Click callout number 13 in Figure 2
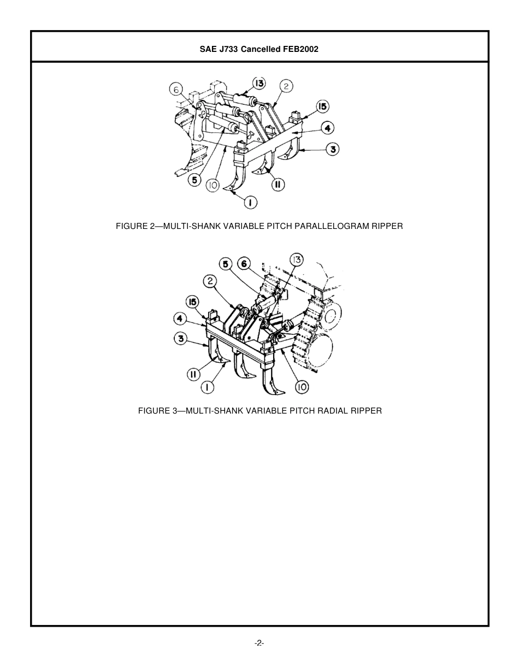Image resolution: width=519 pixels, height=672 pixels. click(258, 84)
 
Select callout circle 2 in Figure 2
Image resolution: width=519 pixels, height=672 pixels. click(286, 86)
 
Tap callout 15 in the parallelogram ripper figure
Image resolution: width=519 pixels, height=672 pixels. click(322, 106)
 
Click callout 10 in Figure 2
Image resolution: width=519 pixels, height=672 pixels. click(213, 186)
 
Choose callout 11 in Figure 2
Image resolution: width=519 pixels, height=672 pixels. click(278, 185)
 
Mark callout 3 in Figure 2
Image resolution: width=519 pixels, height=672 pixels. click(332, 149)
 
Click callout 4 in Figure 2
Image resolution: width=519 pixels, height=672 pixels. click(327, 128)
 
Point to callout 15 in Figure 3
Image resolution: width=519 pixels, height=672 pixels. click(192, 302)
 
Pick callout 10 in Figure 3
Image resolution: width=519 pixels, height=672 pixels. click(302, 387)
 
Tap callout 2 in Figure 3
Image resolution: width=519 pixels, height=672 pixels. click(210, 281)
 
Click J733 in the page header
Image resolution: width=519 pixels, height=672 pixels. click(228, 49)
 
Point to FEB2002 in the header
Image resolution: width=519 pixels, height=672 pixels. click(300, 49)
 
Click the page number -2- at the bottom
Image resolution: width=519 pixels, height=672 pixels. click(259, 643)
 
